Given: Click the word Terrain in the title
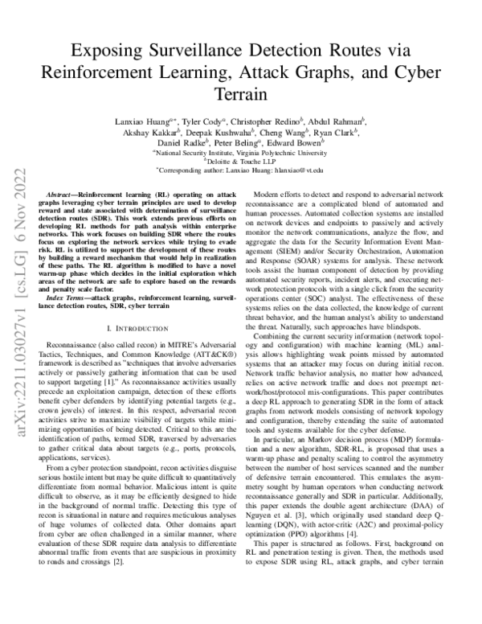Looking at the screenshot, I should click(240, 93).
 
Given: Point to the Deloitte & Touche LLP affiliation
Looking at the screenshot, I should click(241, 160).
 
